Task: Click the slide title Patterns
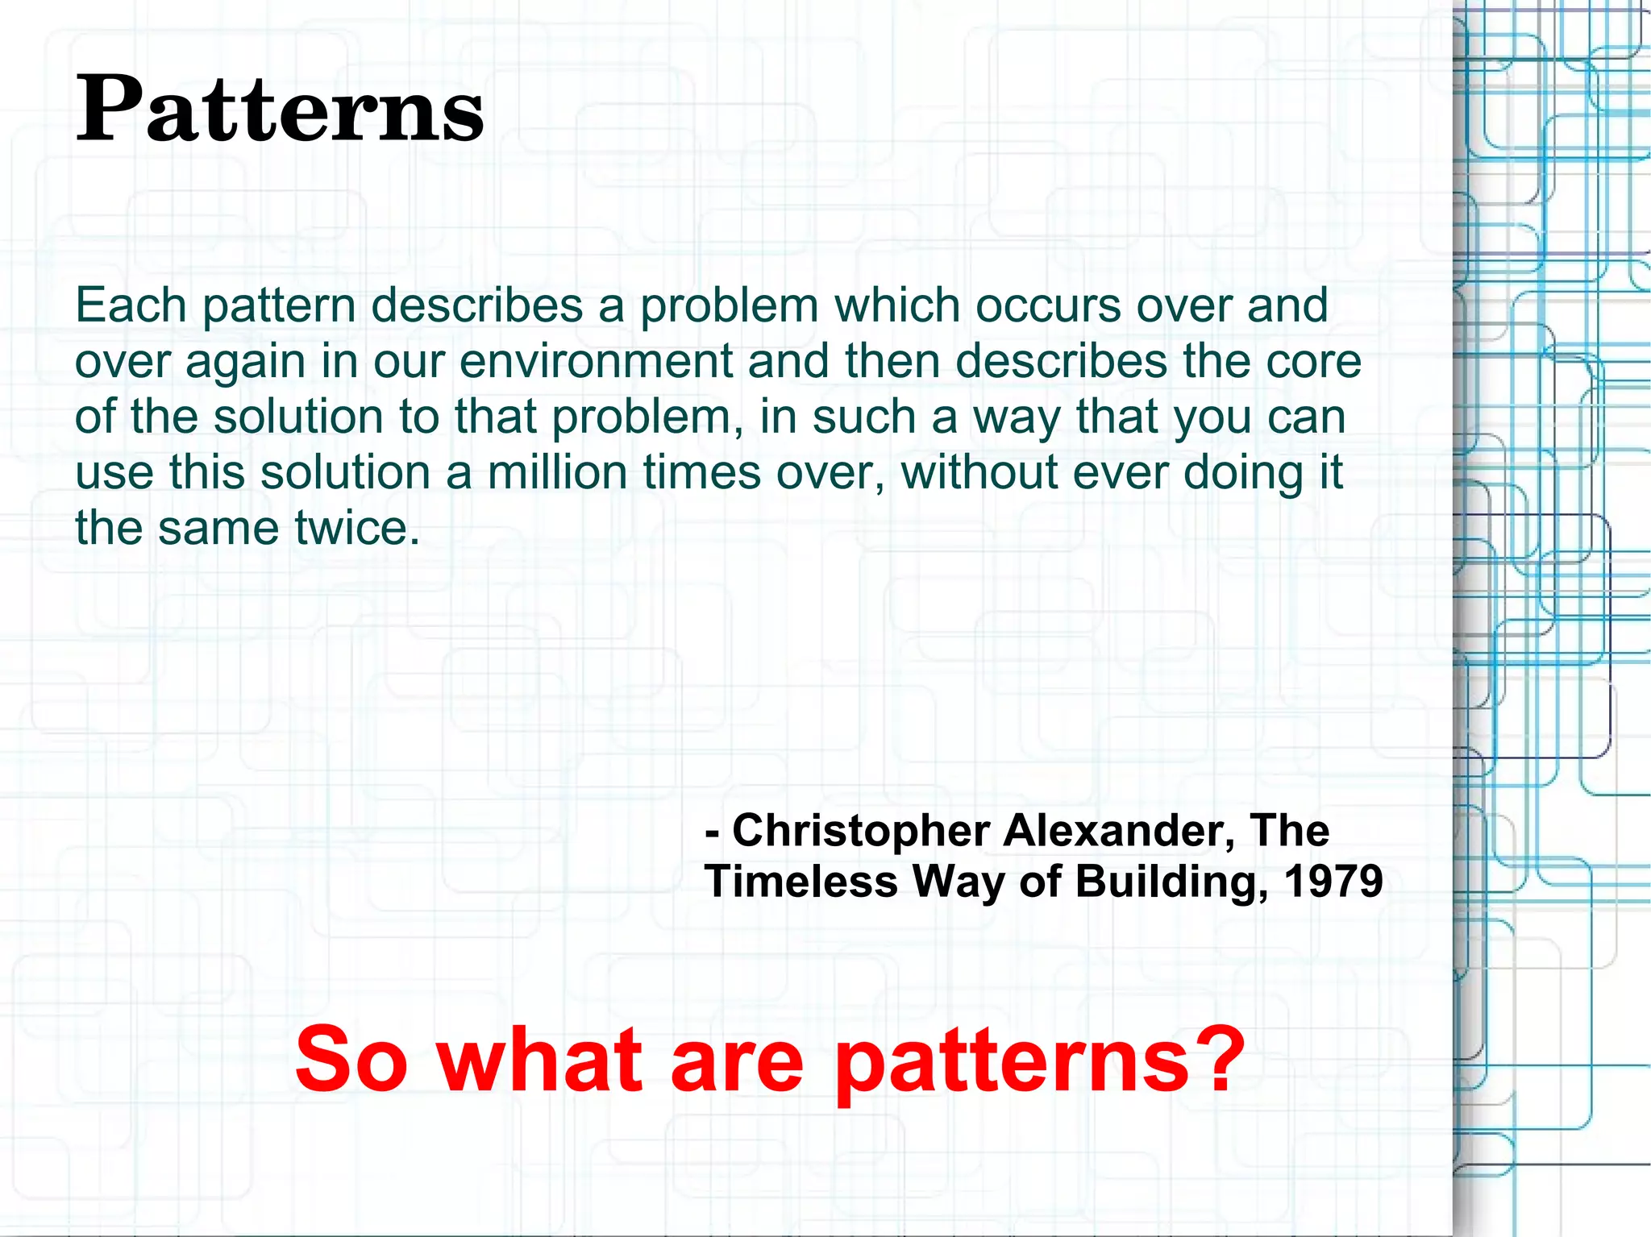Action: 280,109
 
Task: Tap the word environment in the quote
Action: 596,362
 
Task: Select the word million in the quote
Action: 557,472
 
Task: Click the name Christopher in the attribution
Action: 860,830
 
